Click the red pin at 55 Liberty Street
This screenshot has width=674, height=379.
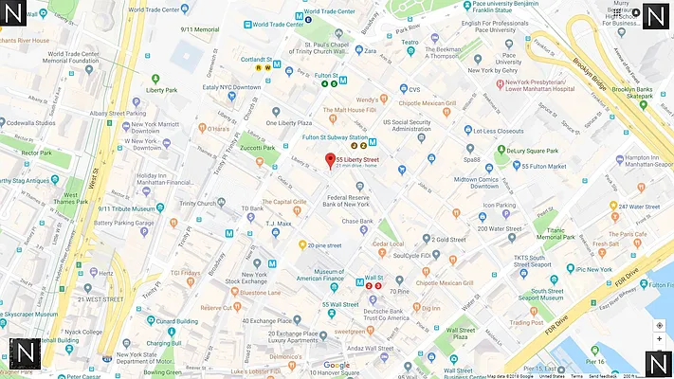(x=330, y=160)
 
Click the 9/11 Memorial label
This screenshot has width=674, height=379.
(x=199, y=29)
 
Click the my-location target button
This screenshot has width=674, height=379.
(x=659, y=325)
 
